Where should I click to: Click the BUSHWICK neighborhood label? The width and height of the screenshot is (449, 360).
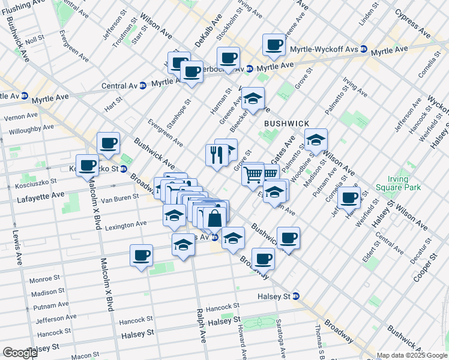[x=286, y=123]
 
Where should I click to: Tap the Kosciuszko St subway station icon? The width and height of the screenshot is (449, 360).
[x=123, y=169]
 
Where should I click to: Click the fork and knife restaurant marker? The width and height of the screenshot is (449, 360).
[x=215, y=154]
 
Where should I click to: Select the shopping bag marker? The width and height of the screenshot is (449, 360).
[x=214, y=218]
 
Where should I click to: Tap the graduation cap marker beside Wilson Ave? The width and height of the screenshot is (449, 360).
[x=316, y=140]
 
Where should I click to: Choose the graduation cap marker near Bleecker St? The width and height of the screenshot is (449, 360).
[x=253, y=98]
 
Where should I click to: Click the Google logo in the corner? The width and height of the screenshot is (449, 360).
[x=20, y=352]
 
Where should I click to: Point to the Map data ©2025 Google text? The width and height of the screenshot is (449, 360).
[x=412, y=355]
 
